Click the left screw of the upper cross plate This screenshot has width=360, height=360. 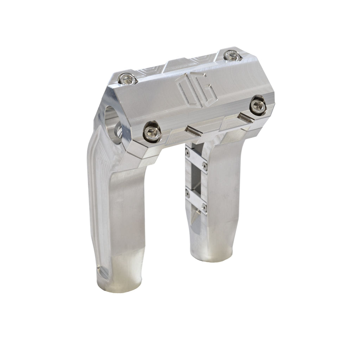tap(188, 152)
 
